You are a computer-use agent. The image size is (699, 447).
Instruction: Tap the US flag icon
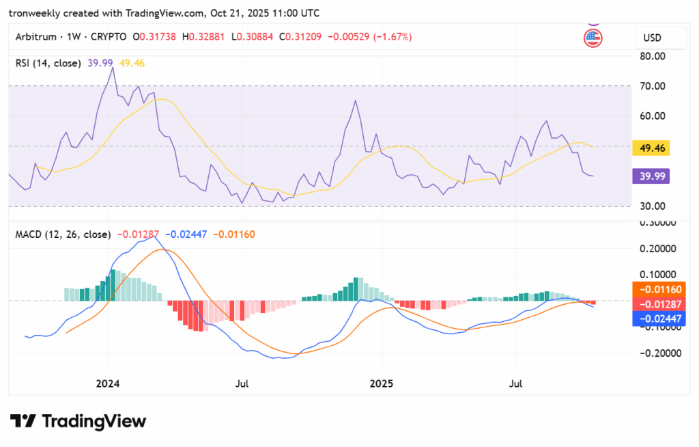tap(593, 38)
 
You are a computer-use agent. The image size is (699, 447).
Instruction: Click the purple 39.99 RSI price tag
tap(651, 176)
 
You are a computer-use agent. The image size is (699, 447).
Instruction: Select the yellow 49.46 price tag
tap(651, 148)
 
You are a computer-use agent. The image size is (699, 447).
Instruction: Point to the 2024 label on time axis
tap(108, 384)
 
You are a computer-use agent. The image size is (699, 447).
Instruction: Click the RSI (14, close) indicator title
tap(48, 63)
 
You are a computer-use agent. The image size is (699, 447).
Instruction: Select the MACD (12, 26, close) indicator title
tap(63, 234)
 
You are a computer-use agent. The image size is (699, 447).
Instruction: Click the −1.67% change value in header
tap(391, 37)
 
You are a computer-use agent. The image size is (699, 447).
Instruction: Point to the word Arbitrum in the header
tap(35, 37)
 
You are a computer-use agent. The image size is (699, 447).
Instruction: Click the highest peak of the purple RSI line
tap(112, 68)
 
